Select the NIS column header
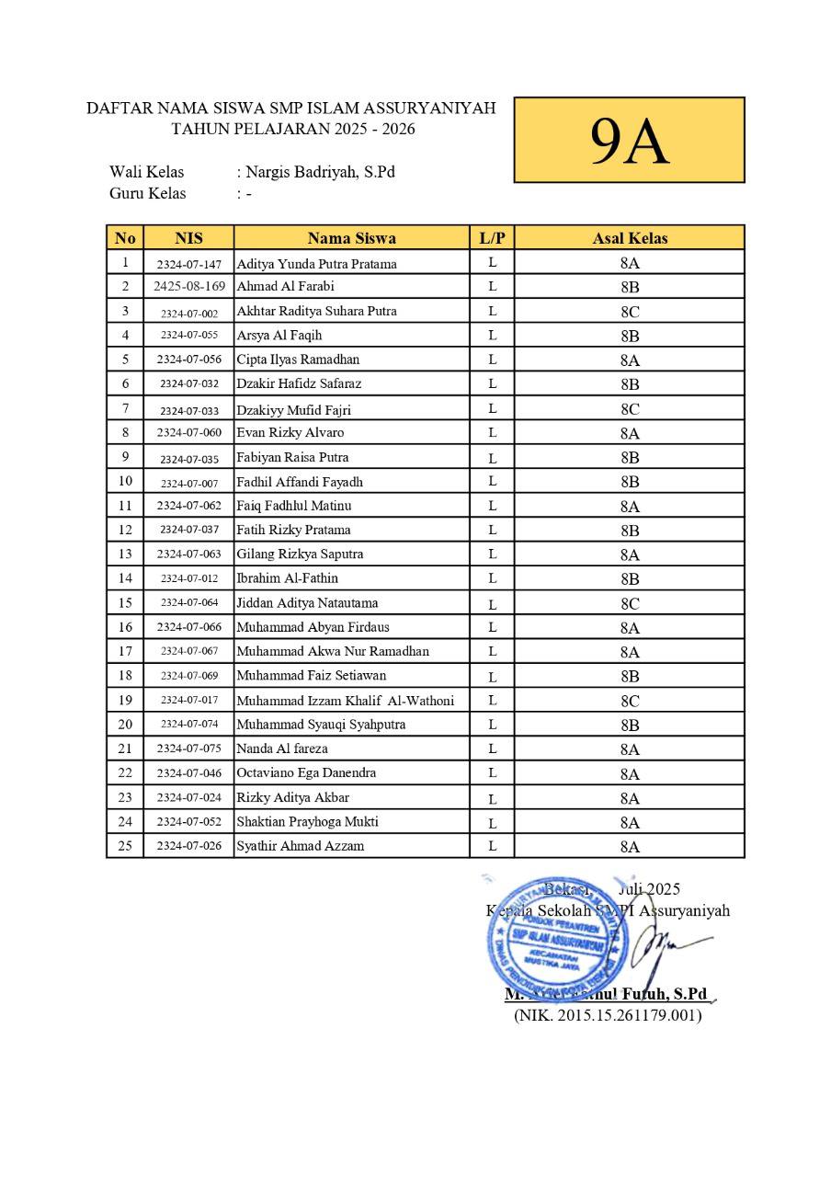[x=188, y=238]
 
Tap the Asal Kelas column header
[x=630, y=238]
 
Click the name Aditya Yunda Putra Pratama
[x=317, y=264]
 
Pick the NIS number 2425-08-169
[x=189, y=286]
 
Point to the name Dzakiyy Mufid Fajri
[x=294, y=410]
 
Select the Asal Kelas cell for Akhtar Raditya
[x=630, y=311]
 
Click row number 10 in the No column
[x=125, y=481]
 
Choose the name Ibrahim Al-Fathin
[x=288, y=578]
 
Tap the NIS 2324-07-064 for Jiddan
[x=189, y=603]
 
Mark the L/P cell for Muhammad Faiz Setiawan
[x=493, y=677]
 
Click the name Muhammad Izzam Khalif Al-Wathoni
[x=346, y=701]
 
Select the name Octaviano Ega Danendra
[x=306, y=773]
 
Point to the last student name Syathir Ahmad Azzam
[x=301, y=846]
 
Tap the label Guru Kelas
[x=148, y=193]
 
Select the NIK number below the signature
[x=608, y=1015]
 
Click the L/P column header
[x=493, y=238]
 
